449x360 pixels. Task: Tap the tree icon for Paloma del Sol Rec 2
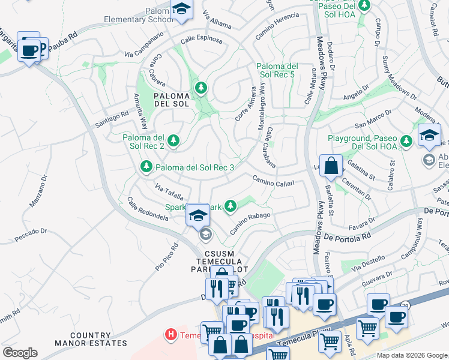pyautogui.click(x=173, y=140)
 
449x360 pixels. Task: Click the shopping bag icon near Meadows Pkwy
pyautogui.click(x=331, y=166)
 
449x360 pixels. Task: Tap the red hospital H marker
pyautogui.click(x=171, y=334)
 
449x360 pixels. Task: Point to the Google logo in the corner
pyautogui.click(x=20, y=353)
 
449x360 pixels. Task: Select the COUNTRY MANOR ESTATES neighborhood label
pyautogui.click(x=98, y=340)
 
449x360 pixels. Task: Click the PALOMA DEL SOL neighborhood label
pyautogui.click(x=171, y=100)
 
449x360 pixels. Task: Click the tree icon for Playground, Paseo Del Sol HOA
pyautogui.click(x=406, y=140)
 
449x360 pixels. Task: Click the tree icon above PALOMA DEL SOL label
pyautogui.click(x=200, y=89)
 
